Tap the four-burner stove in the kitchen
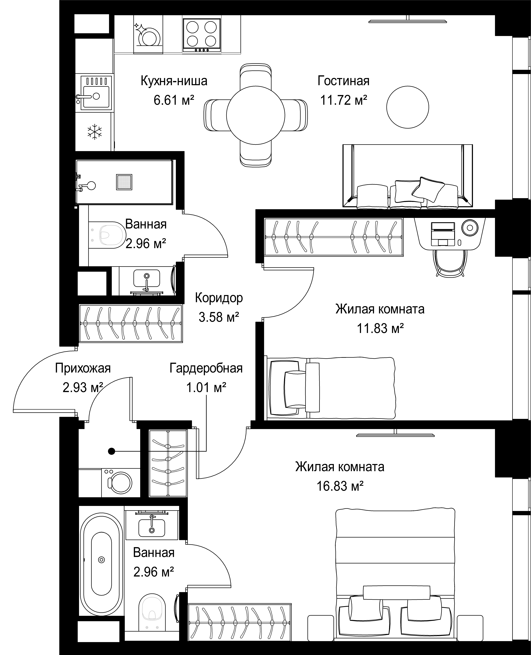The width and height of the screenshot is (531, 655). (x=202, y=35)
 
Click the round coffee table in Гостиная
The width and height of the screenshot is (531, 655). (x=407, y=107)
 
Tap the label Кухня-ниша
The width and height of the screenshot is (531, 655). (x=174, y=81)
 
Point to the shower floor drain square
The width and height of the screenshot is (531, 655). (x=124, y=182)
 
